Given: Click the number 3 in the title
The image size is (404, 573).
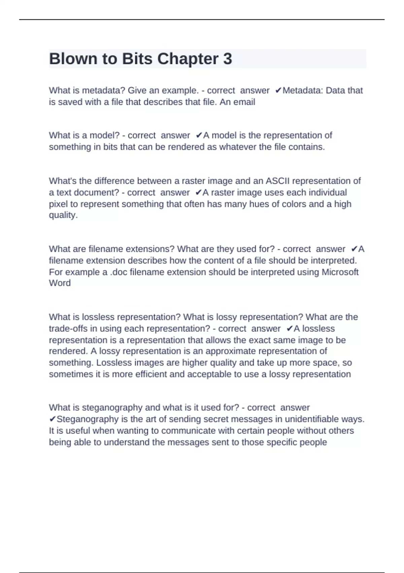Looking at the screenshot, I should point(228,59).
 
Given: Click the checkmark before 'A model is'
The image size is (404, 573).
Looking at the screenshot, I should point(199,135).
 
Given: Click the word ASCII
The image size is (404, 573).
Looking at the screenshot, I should point(277,181).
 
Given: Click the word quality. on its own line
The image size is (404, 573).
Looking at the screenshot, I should point(63,215).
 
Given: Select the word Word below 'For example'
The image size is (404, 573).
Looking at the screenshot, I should point(60,283).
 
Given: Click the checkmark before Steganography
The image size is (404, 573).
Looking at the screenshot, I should point(53,419).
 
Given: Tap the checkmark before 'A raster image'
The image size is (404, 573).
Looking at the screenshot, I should point(198,192).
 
